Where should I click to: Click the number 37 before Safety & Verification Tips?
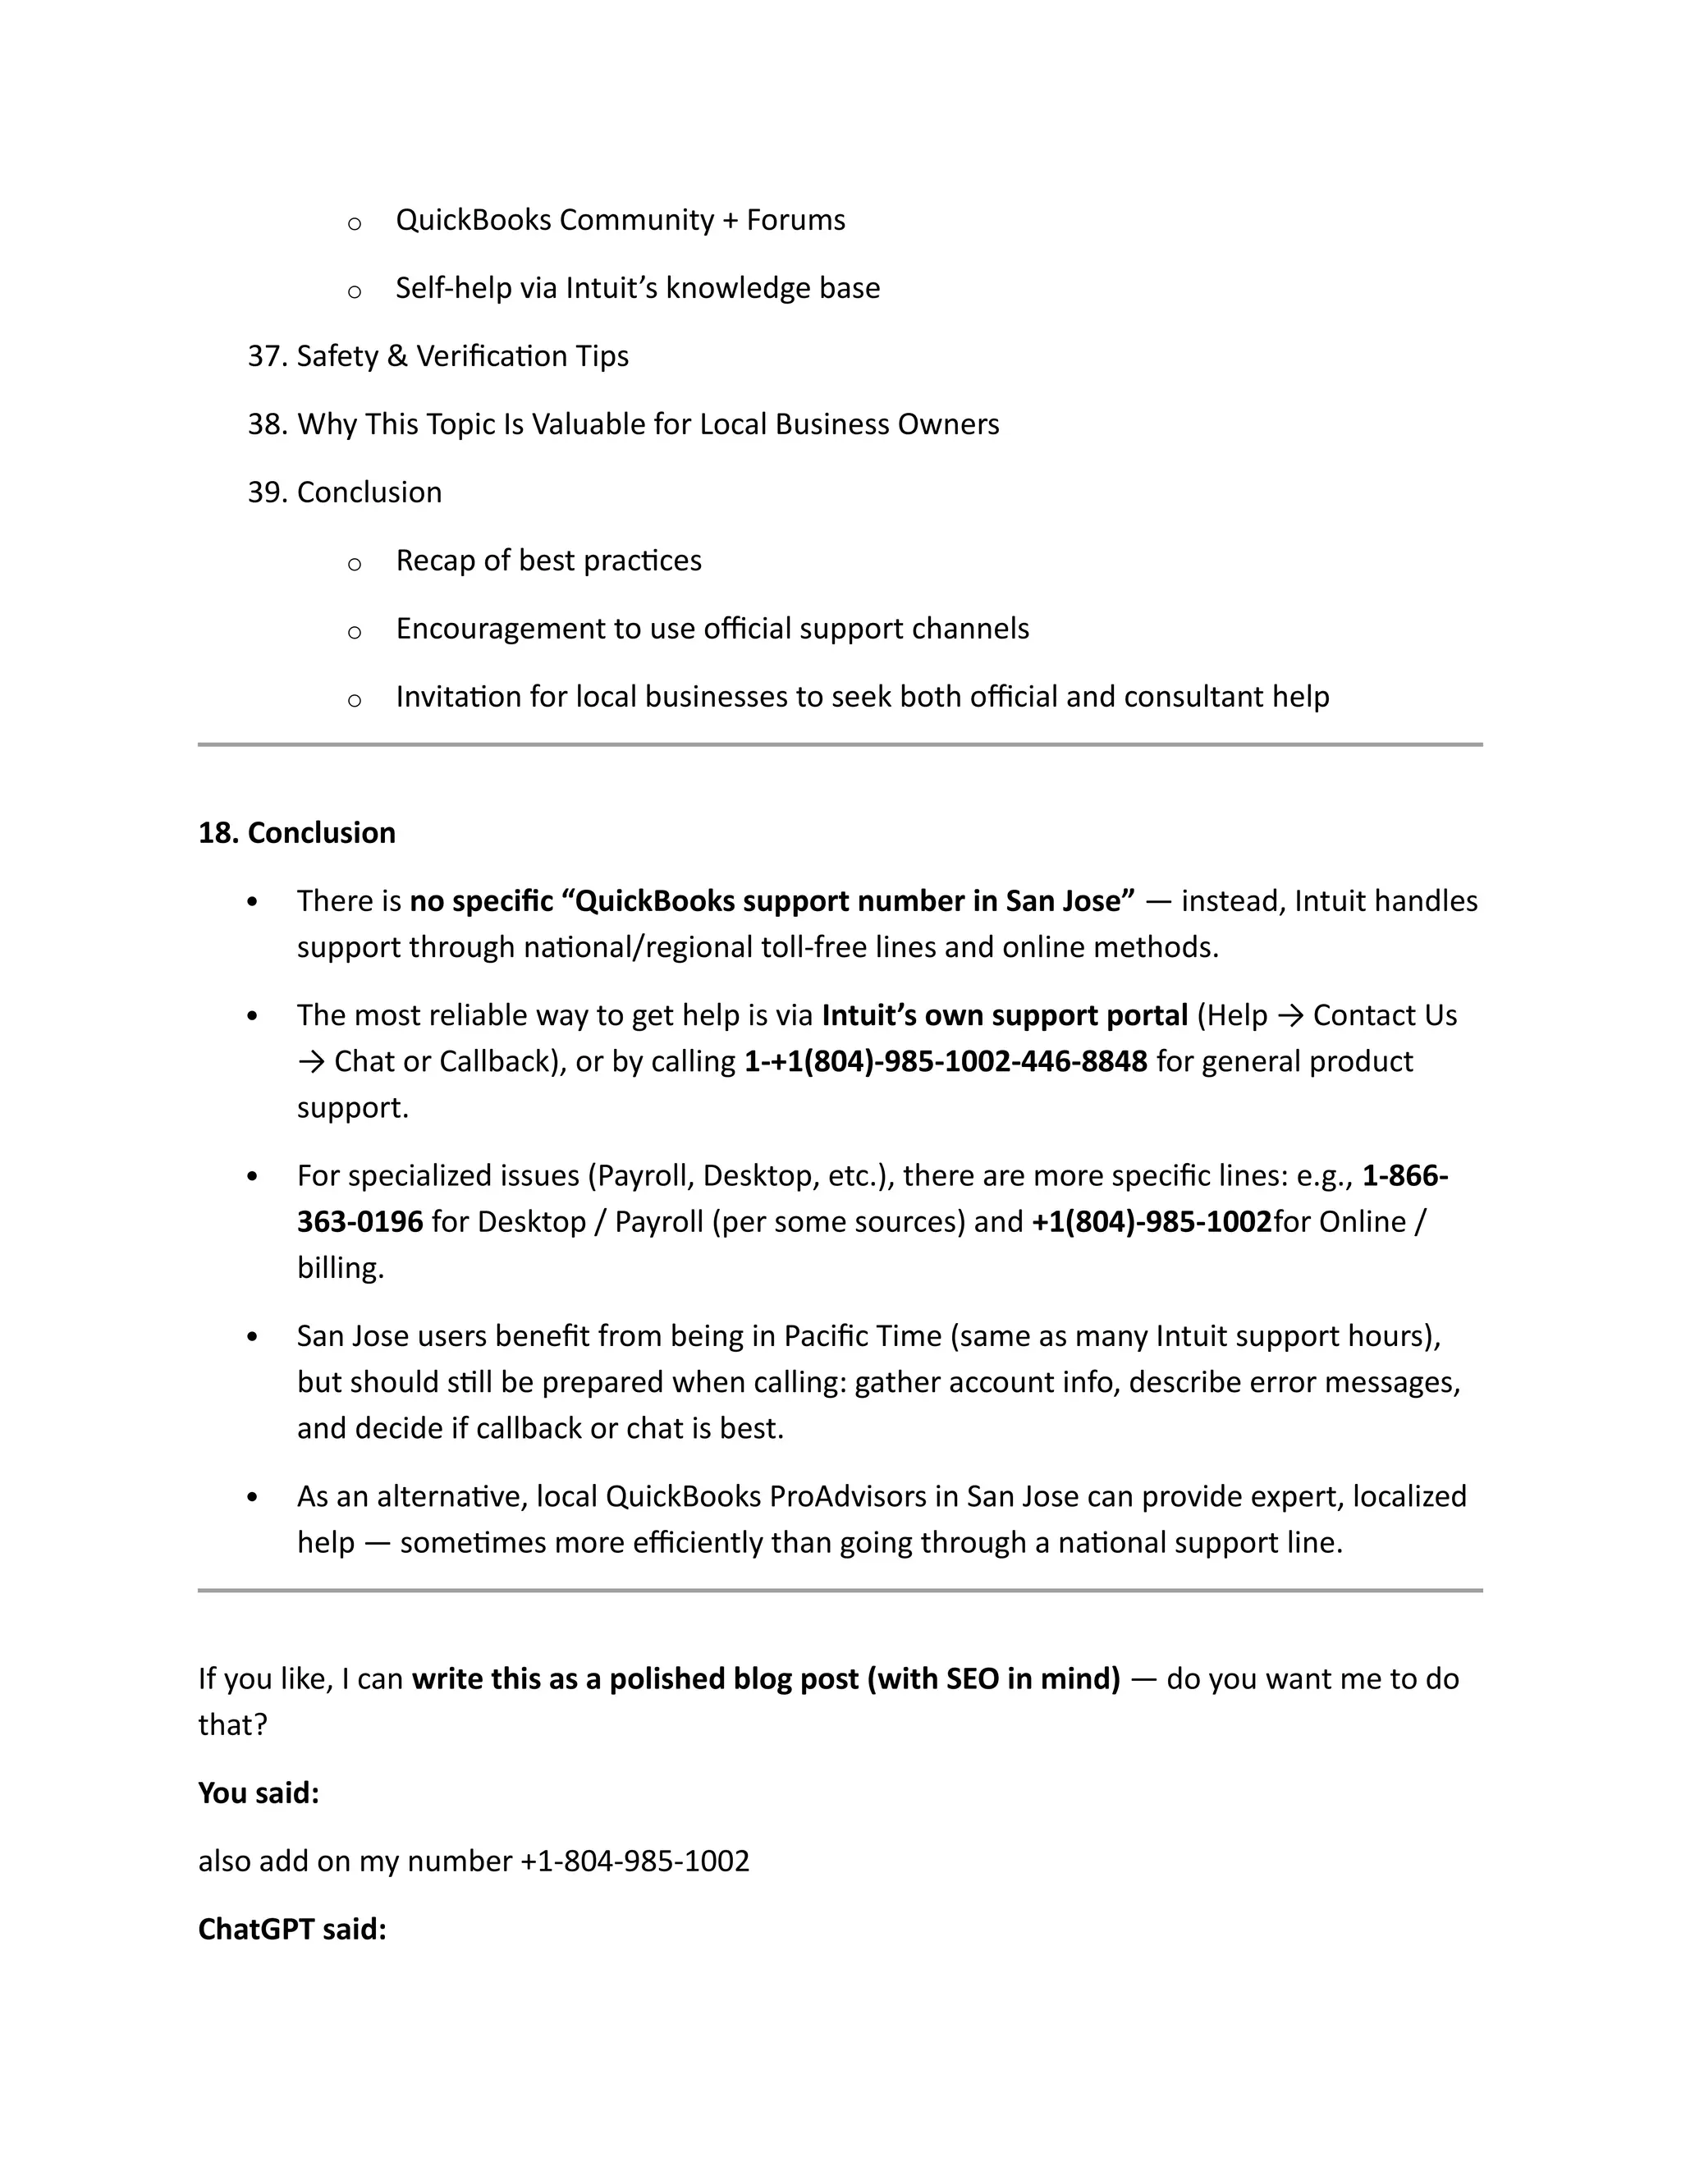pyautogui.click(x=266, y=356)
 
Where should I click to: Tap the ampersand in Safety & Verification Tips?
pyautogui.click(x=397, y=356)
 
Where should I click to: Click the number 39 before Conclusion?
pyautogui.click(x=266, y=492)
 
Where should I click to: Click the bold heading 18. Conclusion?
pyautogui.click(x=297, y=832)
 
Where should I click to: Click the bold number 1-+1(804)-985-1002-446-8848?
pyautogui.click(x=945, y=1061)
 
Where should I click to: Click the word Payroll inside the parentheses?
pyautogui.click(x=643, y=1176)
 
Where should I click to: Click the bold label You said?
pyautogui.click(x=259, y=1793)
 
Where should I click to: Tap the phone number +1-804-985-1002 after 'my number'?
pyautogui.click(x=634, y=1861)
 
